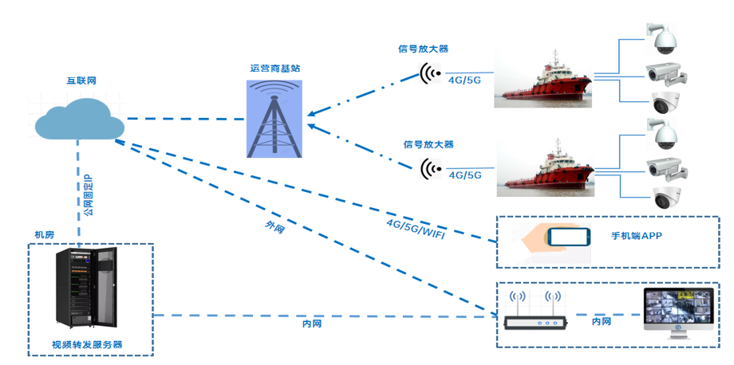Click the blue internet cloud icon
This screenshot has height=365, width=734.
(79, 118)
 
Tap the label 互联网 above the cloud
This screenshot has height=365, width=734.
(81, 81)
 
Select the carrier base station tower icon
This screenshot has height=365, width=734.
(274, 118)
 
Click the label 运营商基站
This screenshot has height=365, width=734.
(274, 69)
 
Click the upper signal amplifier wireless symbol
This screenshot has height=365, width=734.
(431, 76)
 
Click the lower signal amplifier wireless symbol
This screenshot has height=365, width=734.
(431, 168)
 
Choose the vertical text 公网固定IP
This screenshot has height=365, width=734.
(88, 196)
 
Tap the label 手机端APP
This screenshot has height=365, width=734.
(637, 236)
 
